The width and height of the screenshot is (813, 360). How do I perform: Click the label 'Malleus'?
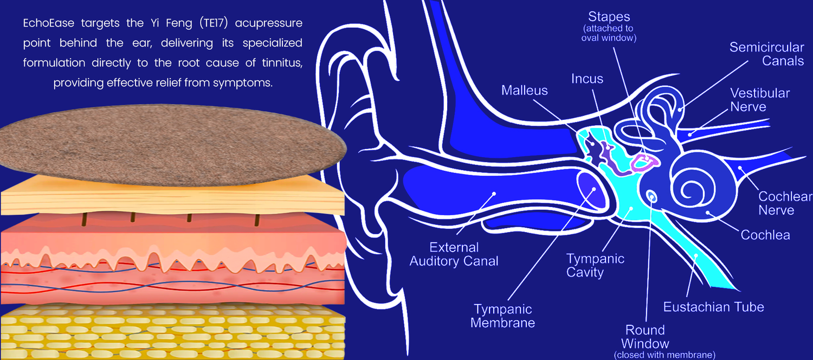524,90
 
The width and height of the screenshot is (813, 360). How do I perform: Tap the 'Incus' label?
587,79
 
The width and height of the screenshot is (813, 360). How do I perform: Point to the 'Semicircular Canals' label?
766,54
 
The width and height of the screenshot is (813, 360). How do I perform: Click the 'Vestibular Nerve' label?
759,100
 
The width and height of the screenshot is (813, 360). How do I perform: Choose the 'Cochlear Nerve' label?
784,203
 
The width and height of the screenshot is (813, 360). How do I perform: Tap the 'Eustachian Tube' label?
713,307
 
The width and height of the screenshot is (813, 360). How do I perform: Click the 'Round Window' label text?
645,337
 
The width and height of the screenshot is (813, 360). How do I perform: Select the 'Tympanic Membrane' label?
502,316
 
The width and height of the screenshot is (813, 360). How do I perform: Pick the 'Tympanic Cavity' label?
595,265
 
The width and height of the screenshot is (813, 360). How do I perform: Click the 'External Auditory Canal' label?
454,254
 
